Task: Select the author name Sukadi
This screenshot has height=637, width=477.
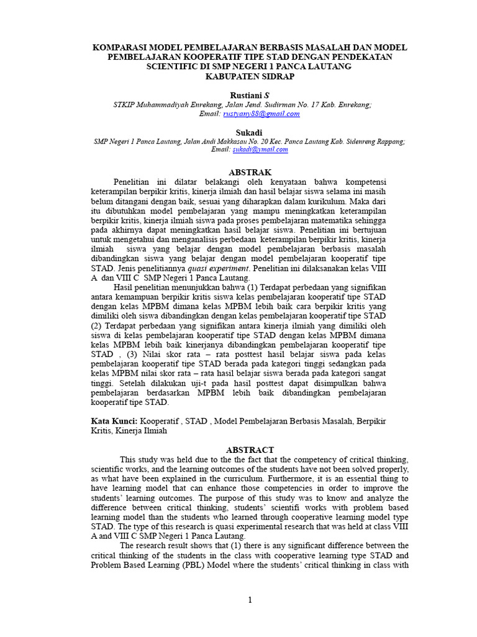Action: point(250,133)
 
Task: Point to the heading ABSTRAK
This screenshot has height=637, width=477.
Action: point(250,171)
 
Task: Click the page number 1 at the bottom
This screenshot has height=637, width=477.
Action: point(250,600)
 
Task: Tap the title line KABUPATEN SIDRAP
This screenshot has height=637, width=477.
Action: point(250,76)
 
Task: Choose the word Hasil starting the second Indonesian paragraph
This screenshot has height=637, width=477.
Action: point(125,287)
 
